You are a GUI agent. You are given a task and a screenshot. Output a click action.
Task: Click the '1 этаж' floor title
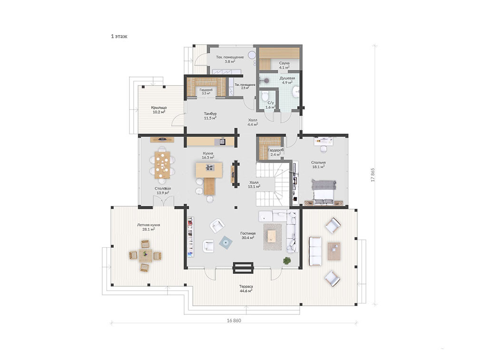119,36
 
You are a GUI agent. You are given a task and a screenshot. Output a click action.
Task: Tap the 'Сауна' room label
284,63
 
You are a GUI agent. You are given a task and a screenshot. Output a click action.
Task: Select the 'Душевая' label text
287,78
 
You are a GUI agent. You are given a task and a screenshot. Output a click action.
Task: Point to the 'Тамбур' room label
210,114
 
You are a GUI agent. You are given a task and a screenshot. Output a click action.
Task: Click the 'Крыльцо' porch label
159,108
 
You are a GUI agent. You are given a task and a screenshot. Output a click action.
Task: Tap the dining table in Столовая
163,165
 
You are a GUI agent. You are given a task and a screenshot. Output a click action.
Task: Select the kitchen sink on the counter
222,141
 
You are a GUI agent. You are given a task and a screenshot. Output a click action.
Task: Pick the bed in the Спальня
324,192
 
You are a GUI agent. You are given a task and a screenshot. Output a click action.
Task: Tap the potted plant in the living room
287,261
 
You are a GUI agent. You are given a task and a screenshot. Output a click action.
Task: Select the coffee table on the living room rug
272,236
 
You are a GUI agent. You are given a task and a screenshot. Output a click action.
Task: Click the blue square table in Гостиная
225,243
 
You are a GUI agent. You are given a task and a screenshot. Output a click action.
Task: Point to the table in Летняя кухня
146,255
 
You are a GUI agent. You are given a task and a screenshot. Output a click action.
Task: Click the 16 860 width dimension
234,321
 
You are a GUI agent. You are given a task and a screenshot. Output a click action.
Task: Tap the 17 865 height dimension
373,175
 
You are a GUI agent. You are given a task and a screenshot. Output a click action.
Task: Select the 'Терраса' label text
246,287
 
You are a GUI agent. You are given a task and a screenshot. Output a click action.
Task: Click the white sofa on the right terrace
315,251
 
